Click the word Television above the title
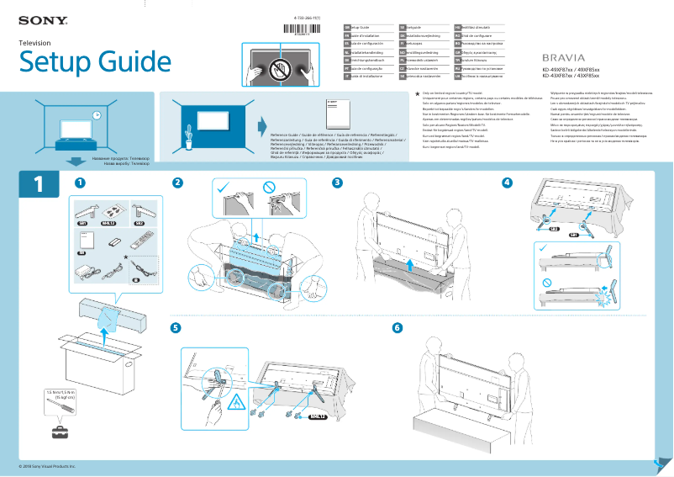(35, 42)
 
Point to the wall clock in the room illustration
(97, 114)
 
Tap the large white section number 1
(37, 184)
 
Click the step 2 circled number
(177, 183)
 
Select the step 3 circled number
(337, 183)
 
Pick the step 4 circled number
(506, 183)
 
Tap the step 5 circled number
(175, 326)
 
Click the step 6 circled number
(398, 326)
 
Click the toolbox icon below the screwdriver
(59, 432)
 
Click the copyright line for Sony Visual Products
(47, 465)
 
